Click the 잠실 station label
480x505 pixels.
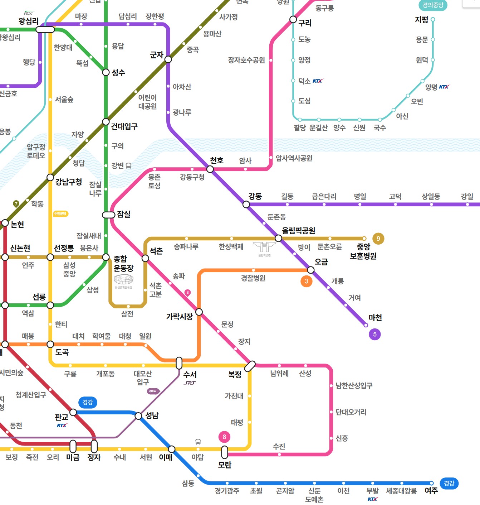124,214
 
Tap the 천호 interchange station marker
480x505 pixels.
210,169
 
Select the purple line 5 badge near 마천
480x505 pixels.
374,335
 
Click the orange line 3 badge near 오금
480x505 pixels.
306,281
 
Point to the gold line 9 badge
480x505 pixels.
378,239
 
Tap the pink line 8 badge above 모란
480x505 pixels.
224,437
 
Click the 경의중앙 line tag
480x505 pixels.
433,5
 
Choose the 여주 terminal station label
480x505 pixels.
431,491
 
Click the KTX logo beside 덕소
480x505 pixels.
318,81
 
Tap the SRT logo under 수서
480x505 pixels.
190,383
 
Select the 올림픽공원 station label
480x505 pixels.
299,231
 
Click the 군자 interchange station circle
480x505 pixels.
168,59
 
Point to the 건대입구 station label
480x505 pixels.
124,126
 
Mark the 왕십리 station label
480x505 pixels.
29,21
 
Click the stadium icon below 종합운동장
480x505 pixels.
123,280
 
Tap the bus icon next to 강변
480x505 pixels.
128,165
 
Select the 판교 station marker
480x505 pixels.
73,412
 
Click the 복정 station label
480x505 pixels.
235,375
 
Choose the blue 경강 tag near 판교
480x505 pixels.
88,402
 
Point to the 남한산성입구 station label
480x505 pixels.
354,386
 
